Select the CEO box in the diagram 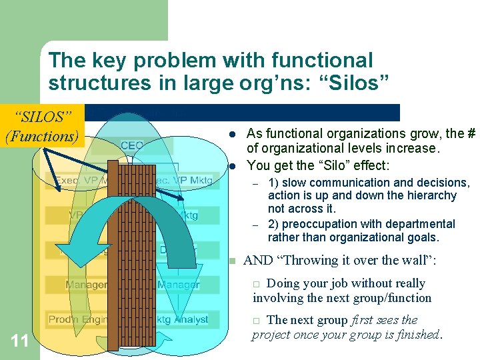[132, 145]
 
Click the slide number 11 [19, 341]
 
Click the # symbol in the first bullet [470, 134]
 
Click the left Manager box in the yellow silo [87, 285]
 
